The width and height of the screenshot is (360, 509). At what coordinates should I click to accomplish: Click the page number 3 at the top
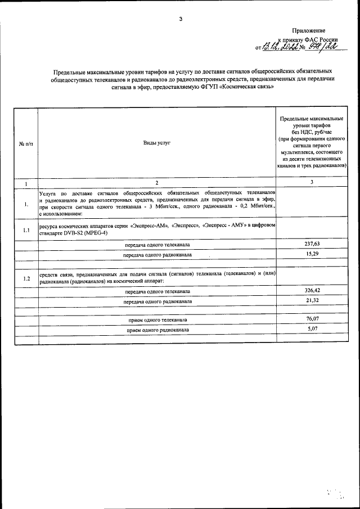pyautogui.click(x=181, y=19)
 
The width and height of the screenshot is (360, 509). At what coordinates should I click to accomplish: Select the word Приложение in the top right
pyautogui.click(x=309, y=30)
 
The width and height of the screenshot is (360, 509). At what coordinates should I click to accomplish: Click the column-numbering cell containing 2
pyautogui.click(x=157, y=183)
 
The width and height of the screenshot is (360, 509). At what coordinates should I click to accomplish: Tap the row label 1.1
pyautogui.click(x=26, y=231)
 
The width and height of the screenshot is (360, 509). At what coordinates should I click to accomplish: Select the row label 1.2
pyautogui.click(x=26, y=278)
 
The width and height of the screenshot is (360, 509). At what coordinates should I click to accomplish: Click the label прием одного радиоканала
pyautogui.click(x=157, y=329)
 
